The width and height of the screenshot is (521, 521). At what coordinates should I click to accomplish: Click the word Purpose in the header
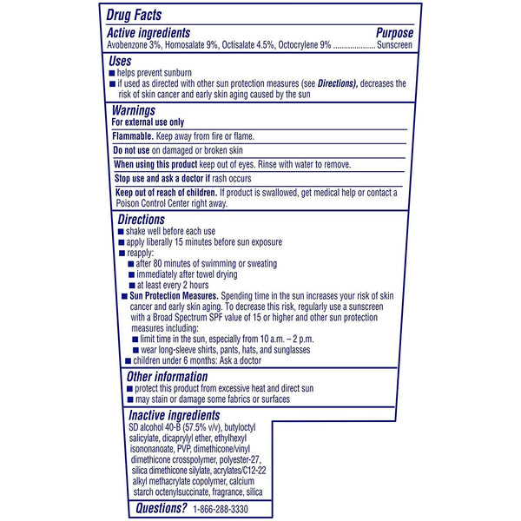394,32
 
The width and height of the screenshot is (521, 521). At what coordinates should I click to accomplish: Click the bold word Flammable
133,136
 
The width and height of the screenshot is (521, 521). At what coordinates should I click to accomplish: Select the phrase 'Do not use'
134,150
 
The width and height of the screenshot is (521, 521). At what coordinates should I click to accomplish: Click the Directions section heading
141,219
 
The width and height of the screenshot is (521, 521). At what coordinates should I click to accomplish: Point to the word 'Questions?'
157,508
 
